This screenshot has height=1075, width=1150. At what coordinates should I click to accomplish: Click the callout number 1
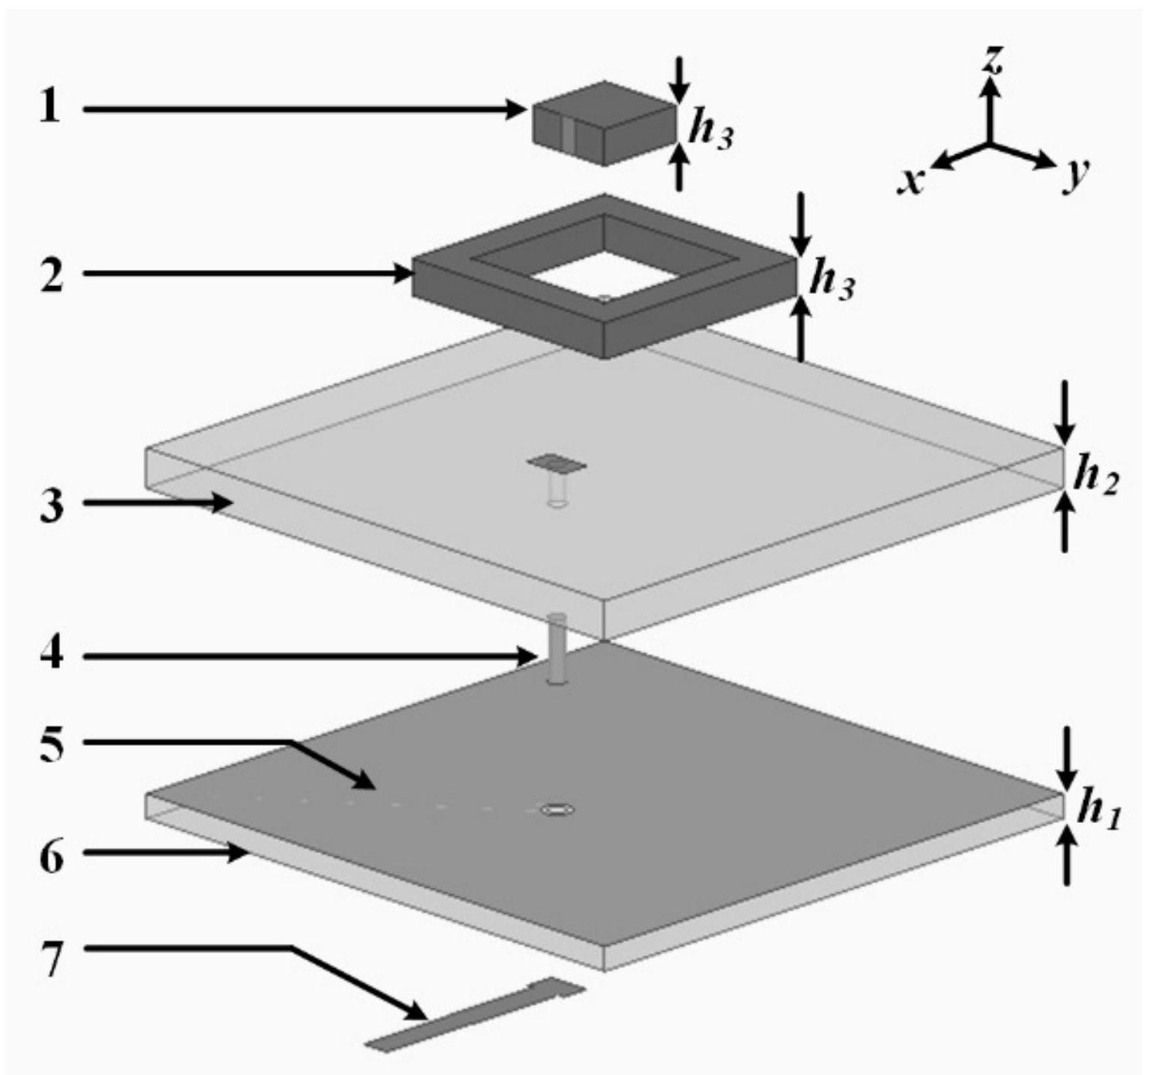(50, 108)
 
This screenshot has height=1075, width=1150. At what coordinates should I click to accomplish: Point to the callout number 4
(51, 655)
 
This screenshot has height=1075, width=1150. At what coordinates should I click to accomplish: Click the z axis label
(993, 60)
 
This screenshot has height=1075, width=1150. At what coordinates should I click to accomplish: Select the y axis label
(1076, 176)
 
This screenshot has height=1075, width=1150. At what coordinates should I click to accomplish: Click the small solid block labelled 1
(604, 123)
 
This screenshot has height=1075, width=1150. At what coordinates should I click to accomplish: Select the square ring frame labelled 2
(604, 342)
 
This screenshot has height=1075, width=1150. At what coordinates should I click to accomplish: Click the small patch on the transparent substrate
(557, 463)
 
